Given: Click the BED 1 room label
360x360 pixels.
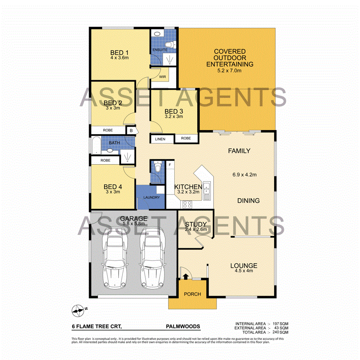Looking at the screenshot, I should point(119,53).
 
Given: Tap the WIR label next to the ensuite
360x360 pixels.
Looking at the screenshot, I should point(163,77).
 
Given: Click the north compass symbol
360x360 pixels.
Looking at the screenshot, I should point(78,309).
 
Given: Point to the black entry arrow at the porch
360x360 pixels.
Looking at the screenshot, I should point(185,276).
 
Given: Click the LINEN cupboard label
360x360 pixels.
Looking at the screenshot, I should point(160,139).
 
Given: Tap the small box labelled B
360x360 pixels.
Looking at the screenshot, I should point(132,131).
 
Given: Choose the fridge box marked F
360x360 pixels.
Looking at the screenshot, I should point(170,165).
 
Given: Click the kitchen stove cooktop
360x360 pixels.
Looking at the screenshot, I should point(188,204).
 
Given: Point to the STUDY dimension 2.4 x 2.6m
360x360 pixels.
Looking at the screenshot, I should point(196,229).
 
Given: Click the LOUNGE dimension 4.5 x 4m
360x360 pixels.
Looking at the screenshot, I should point(244,271).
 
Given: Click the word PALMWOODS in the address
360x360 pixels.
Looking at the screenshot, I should point(183,326).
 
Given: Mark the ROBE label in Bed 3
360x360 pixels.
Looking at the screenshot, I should point(186,138).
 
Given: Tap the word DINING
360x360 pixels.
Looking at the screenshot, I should point(248,200).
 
